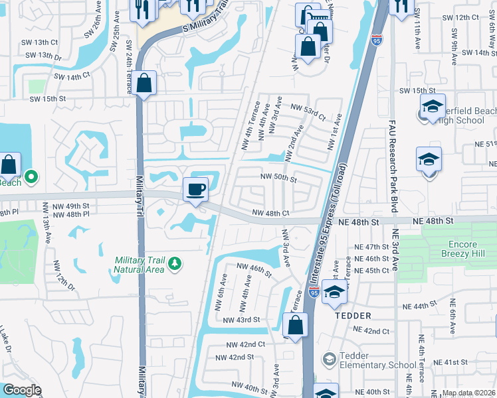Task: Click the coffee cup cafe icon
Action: pos(196,189)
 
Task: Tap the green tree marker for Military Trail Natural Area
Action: pos(175,264)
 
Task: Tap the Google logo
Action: pos(22,390)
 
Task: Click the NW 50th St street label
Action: pos(278,177)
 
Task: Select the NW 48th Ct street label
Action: pos(270,214)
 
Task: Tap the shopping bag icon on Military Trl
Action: pos(144,84)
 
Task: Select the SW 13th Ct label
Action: pos(42,41)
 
